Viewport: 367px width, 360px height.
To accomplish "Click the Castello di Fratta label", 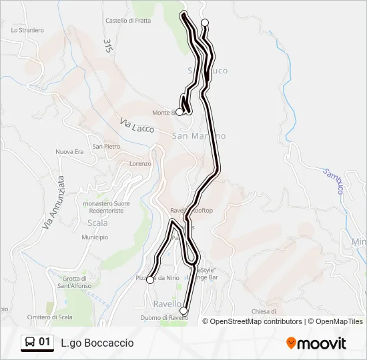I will (127, 21).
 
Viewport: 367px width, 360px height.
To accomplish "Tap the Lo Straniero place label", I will (27, 30).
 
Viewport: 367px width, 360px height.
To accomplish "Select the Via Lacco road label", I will (137, 125).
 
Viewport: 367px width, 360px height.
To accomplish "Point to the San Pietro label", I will (106, 146).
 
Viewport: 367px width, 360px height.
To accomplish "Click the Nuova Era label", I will (69, 152).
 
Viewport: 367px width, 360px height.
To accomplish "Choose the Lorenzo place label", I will (140, 163).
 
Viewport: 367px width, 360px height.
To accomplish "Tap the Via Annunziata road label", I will (51, 202).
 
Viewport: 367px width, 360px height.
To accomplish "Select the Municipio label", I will (95, 237).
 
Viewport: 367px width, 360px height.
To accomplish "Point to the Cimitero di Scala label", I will (49, 317).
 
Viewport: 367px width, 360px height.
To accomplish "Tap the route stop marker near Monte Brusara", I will (179, 112).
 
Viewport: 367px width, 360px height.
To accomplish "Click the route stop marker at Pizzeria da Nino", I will (150, 280).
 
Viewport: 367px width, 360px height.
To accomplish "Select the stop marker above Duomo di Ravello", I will (183, 310).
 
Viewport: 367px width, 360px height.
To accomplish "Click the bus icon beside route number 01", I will (30, 343).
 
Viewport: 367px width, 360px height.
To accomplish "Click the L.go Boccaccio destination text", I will (97, 343).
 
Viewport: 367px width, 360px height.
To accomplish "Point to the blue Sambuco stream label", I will (332, 181).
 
